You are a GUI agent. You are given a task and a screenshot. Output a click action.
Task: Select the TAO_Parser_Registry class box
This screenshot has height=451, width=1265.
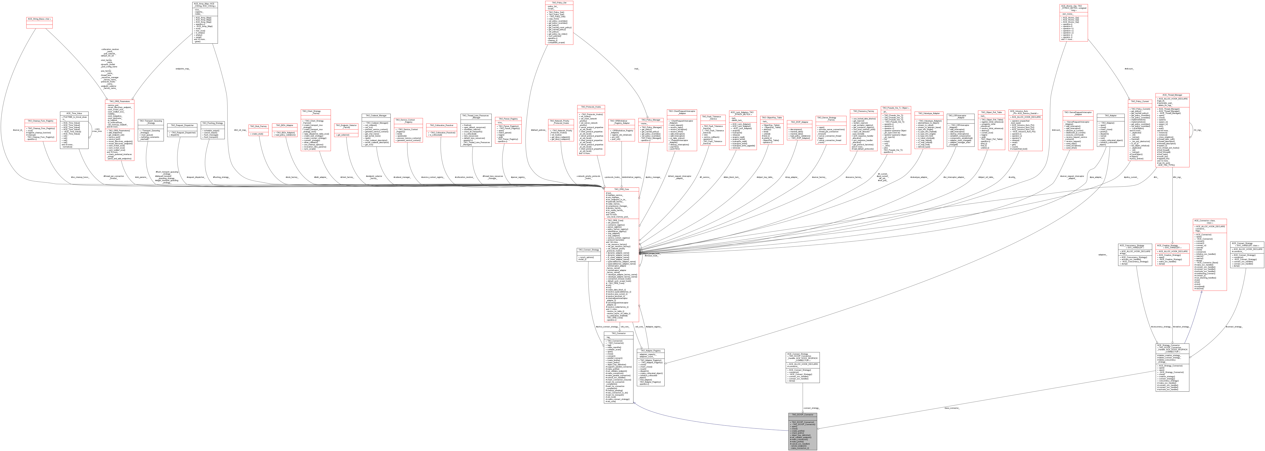pyautogui.click(x=508, y=130)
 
